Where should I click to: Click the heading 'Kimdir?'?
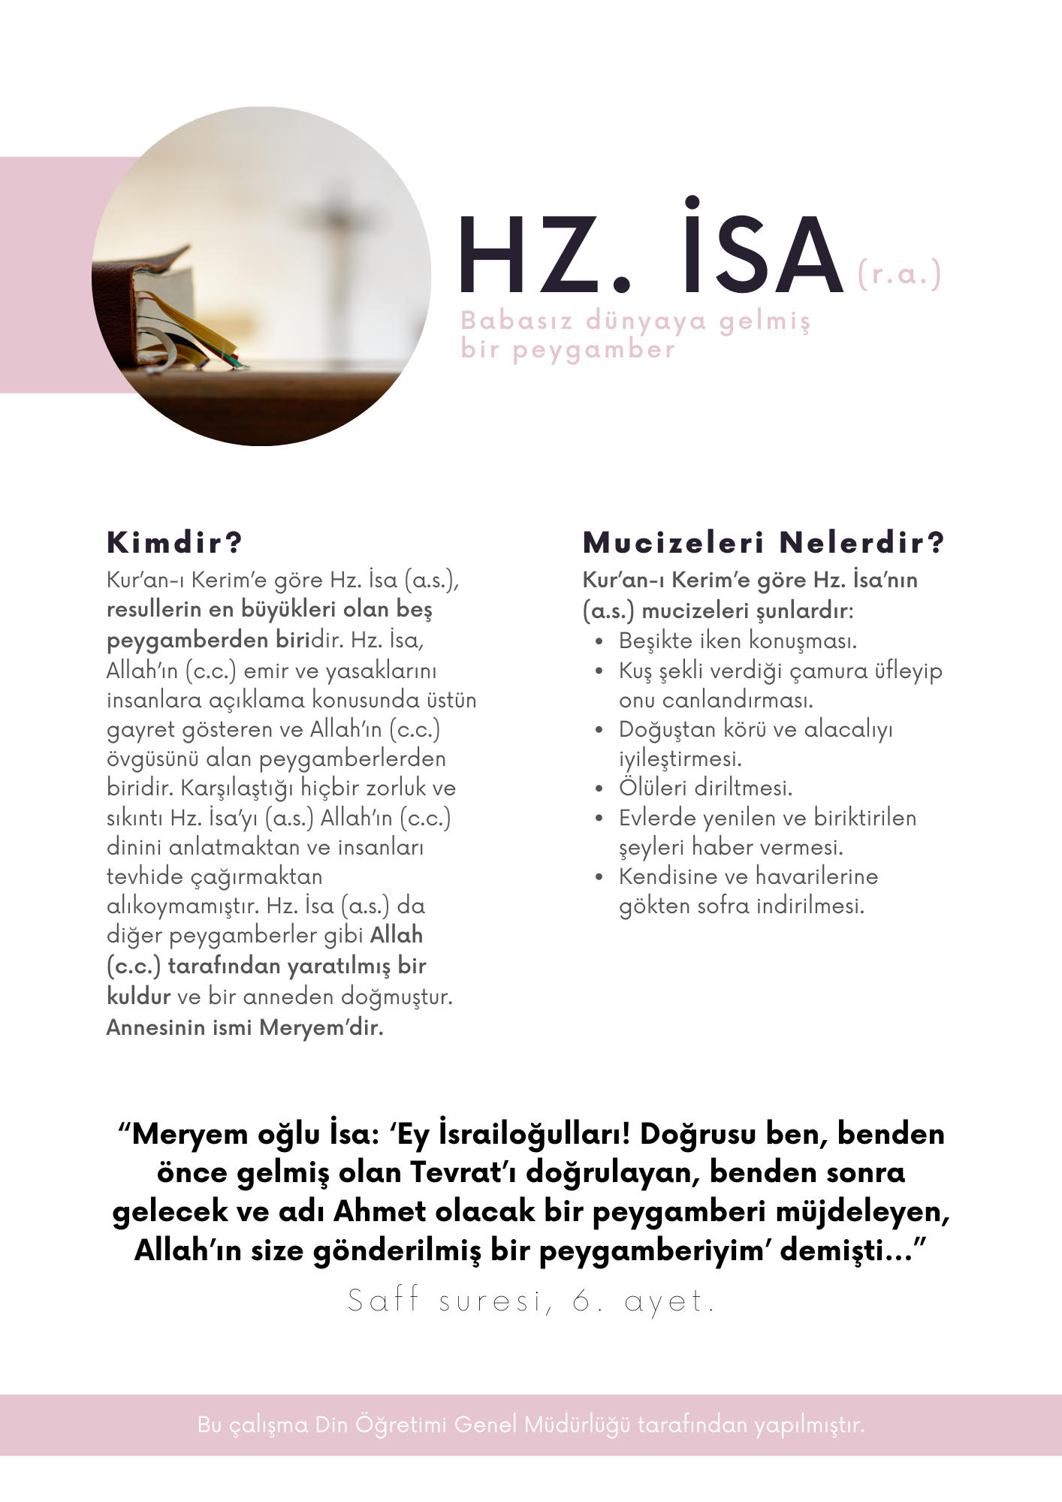tap(175, 542)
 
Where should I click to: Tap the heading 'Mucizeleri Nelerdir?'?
tap(763, 542)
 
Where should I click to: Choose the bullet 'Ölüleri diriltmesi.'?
tap(705, 788)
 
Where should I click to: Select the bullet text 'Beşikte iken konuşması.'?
tap(738, 641)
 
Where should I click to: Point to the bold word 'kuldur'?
tap(138, 997)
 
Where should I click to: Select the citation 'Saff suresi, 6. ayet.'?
tap(531, 1301)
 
